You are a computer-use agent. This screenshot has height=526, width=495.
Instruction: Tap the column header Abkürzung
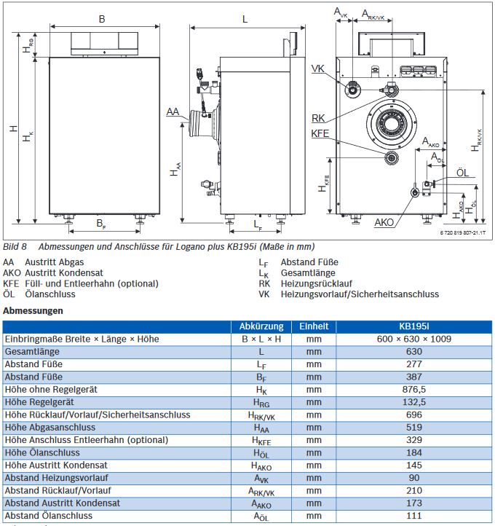click(x=261, y=326)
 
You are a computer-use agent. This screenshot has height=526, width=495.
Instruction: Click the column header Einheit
click(x=314, y=326)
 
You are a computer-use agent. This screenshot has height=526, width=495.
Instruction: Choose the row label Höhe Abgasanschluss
click(x=50, y=427)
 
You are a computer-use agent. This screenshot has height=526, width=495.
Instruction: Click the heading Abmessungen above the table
click(x=33, y=310)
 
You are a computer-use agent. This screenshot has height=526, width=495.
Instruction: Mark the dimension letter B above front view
click(x=102, y=18)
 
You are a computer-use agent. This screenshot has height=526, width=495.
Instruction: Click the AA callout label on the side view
click(x=173, y=111)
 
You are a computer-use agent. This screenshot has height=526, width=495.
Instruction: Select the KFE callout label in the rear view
click(x=320, y=133)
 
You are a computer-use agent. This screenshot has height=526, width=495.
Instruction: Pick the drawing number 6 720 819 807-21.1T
click(x=462, y=232)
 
